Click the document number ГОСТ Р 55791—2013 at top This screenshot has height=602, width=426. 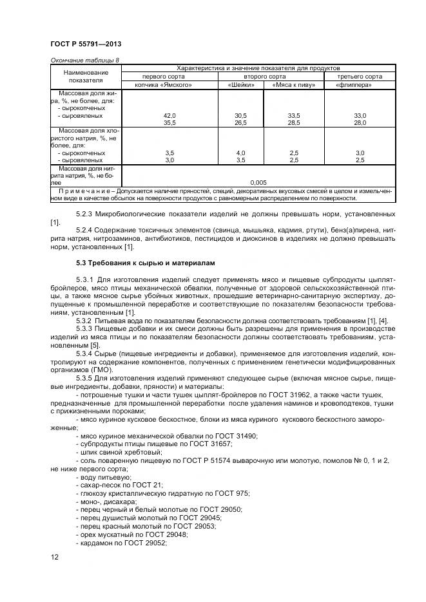pos(86,44)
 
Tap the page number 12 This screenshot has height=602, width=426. pos(54,556)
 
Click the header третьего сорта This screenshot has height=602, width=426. pos(359,76)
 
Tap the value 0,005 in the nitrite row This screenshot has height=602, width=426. pos(258,182)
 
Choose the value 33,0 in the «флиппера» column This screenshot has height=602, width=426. pos(360,115)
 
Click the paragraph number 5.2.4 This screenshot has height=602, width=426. pos(85,230)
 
